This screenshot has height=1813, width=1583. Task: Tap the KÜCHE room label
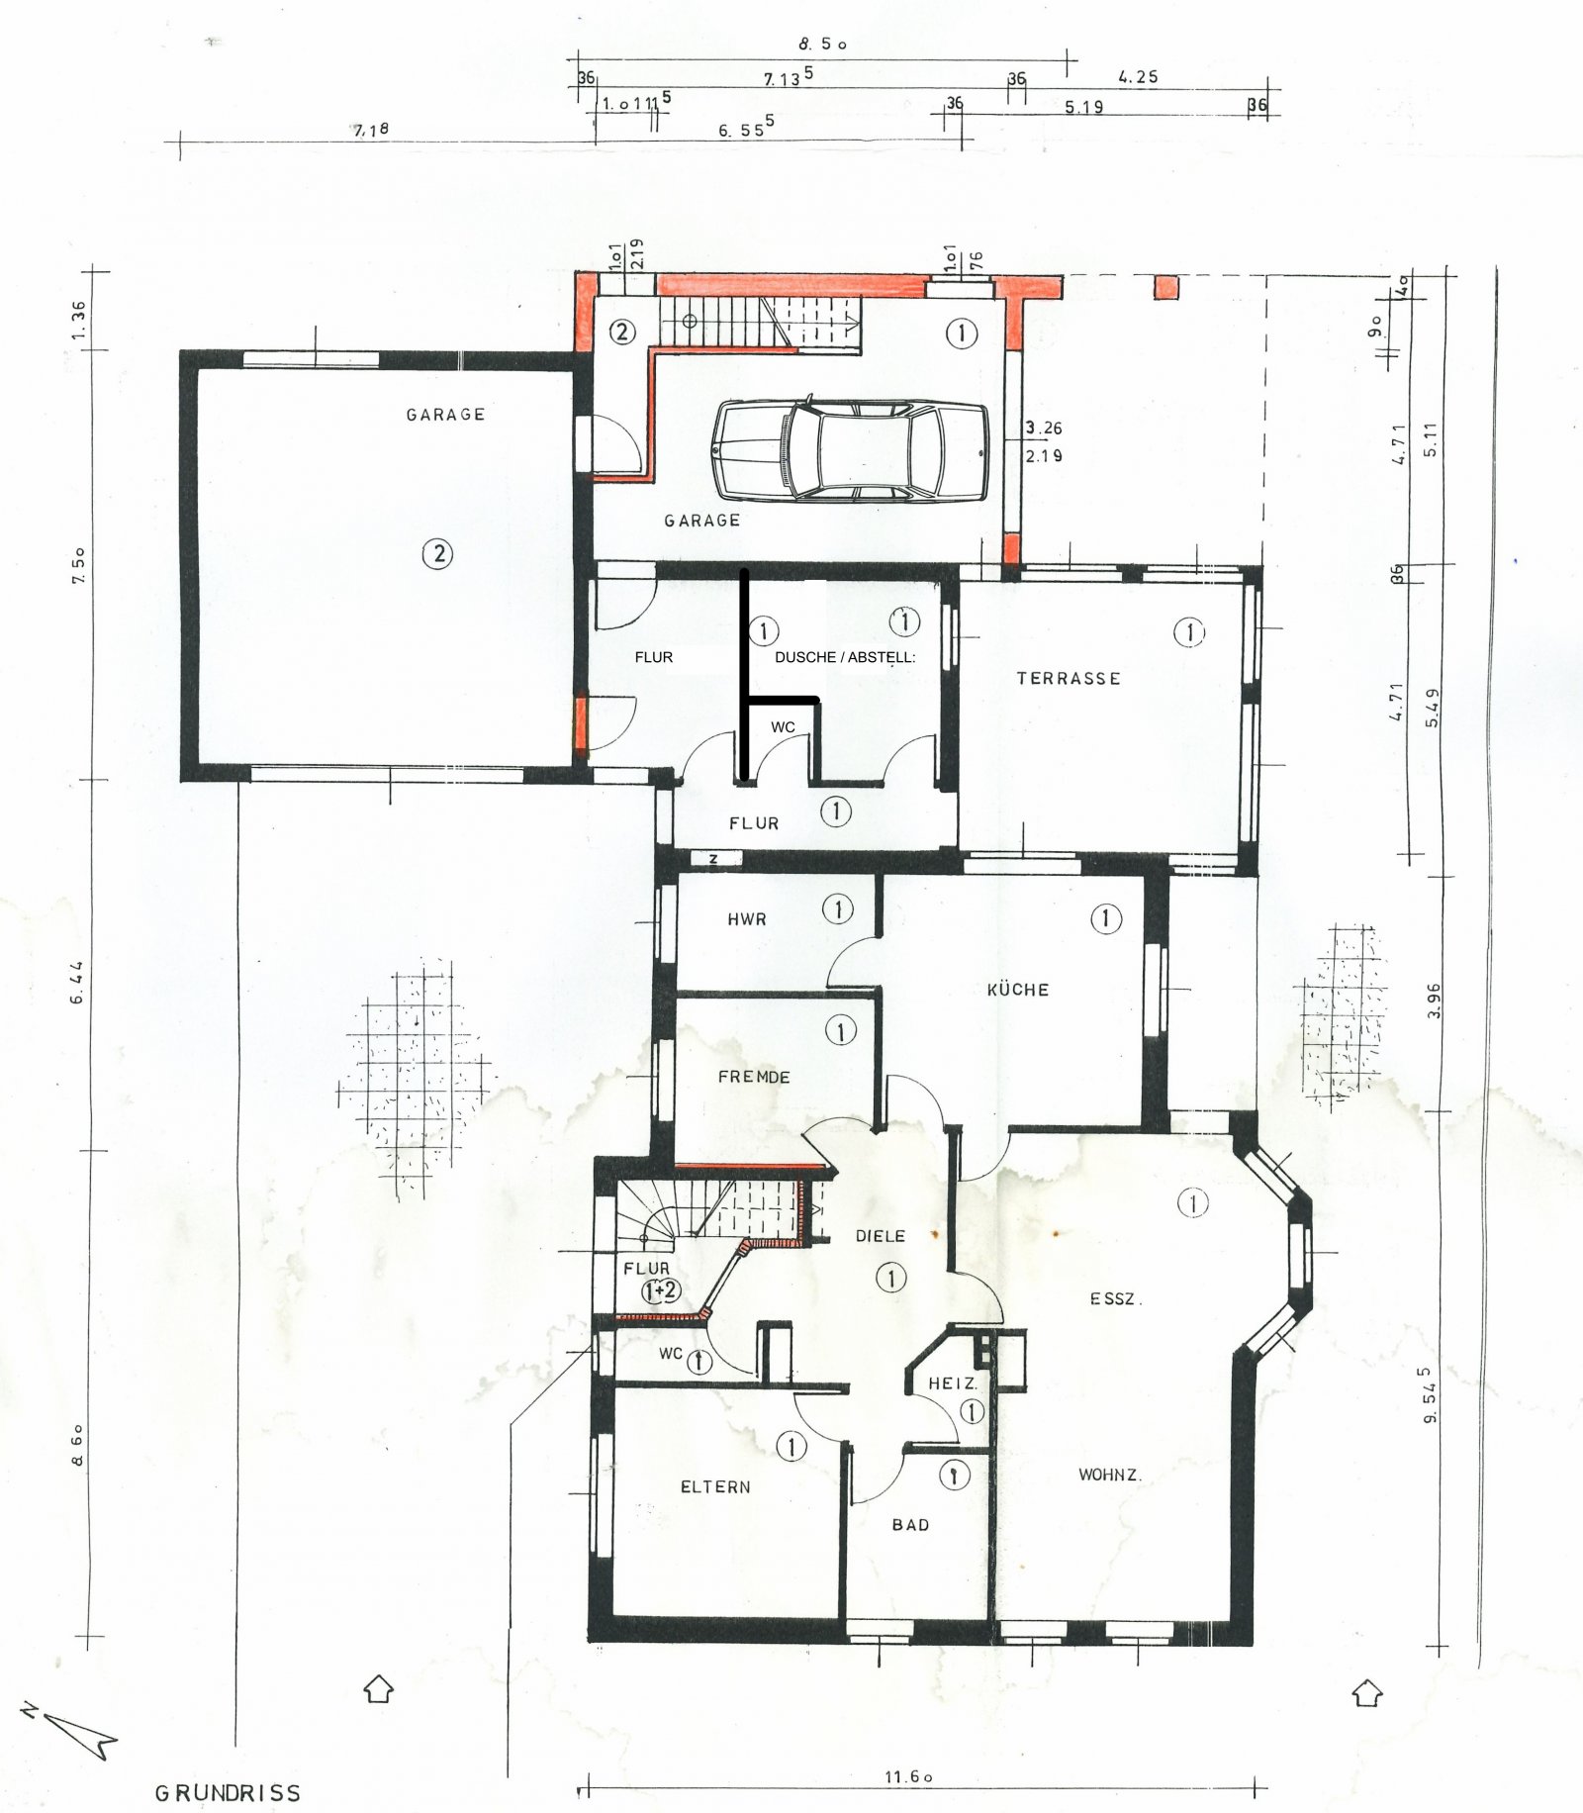(x=1017, y=990)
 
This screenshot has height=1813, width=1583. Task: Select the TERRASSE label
(x=1069, y=679)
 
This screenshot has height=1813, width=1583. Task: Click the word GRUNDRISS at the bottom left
(x=228, y=1793)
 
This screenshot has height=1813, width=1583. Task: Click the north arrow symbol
(x=74, y=1732)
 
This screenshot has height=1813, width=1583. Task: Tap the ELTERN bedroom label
(x=715, y=1487)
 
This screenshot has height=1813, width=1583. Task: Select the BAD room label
(x=910, y=1525)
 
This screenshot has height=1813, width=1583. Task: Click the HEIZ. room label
(x=952, y=1384)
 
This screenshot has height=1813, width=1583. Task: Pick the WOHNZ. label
(x=1109, y=1475)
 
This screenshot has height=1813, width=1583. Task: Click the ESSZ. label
(x=1115, y=1298)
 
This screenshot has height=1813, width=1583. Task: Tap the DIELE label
(x=880, y=1236)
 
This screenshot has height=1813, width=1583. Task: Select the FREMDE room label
(x=754, y=1077)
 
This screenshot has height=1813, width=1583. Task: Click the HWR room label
(x=747, y=919)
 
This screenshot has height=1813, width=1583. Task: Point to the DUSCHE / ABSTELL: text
(x=845, y=657)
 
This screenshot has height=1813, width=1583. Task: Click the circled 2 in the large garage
(x=438, y=553)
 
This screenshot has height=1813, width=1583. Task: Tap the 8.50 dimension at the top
(x=822, y=45)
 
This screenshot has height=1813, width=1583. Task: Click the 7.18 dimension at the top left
(x=371, y=129)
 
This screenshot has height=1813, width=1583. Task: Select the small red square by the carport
(x=1167, y=287)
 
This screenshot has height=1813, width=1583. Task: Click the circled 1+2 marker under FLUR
(x=661, y=1290)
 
